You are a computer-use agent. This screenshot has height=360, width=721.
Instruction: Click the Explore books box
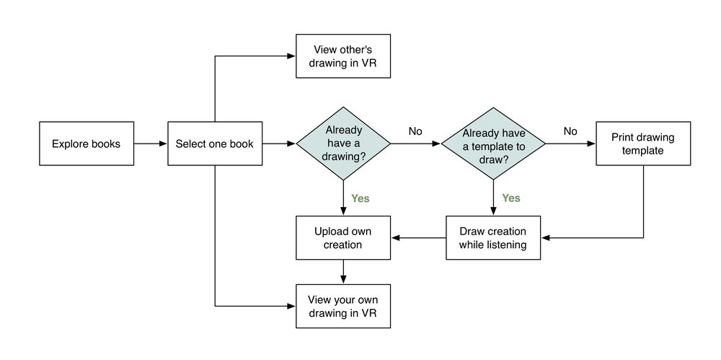(86, 144)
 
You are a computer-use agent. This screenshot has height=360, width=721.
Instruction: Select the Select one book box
(215, 144)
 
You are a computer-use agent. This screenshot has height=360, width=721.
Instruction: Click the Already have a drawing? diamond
(343, 144)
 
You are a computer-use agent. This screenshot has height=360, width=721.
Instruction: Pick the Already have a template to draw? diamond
(493, 144)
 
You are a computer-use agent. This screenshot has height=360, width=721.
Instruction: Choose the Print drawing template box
(642, 144)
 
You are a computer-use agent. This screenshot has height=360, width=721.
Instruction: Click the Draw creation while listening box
(493, 238)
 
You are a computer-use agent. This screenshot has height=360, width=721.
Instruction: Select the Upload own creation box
(343, 238)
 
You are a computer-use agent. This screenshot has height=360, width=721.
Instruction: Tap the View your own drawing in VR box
(342, 306)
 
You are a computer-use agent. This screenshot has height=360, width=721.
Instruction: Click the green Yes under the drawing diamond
(361, 197)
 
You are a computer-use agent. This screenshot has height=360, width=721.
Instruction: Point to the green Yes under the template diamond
(511, 197)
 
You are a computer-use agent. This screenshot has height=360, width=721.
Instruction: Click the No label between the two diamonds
(415, 131)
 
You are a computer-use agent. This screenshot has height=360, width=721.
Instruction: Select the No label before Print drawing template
(570, 131)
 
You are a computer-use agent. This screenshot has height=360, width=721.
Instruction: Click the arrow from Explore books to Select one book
(150, 144)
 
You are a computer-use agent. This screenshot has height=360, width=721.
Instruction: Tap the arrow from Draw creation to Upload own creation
(418, 238)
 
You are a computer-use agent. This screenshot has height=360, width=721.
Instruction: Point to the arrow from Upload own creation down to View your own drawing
(343, 271)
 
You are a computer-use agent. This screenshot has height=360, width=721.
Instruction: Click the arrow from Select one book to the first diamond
(279, 144)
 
